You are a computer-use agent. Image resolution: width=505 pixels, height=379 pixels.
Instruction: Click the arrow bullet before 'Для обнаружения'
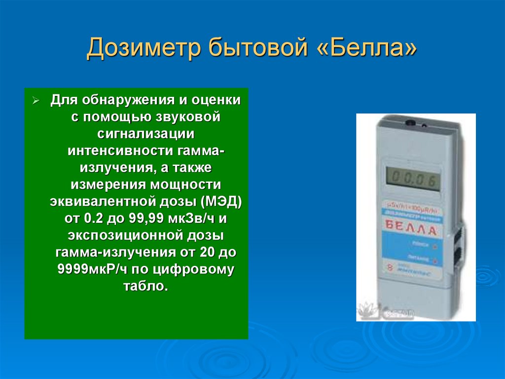pyautogui.click(x=36, y=101)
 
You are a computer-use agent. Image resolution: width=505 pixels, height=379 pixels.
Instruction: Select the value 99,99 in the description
pyautogui.click(x=141, y=218)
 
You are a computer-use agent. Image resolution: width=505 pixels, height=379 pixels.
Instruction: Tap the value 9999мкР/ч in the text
pyautogui.click(x=90, y=269)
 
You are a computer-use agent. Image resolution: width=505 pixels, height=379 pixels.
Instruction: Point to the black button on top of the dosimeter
pyautogui.click(x=410, y=122)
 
